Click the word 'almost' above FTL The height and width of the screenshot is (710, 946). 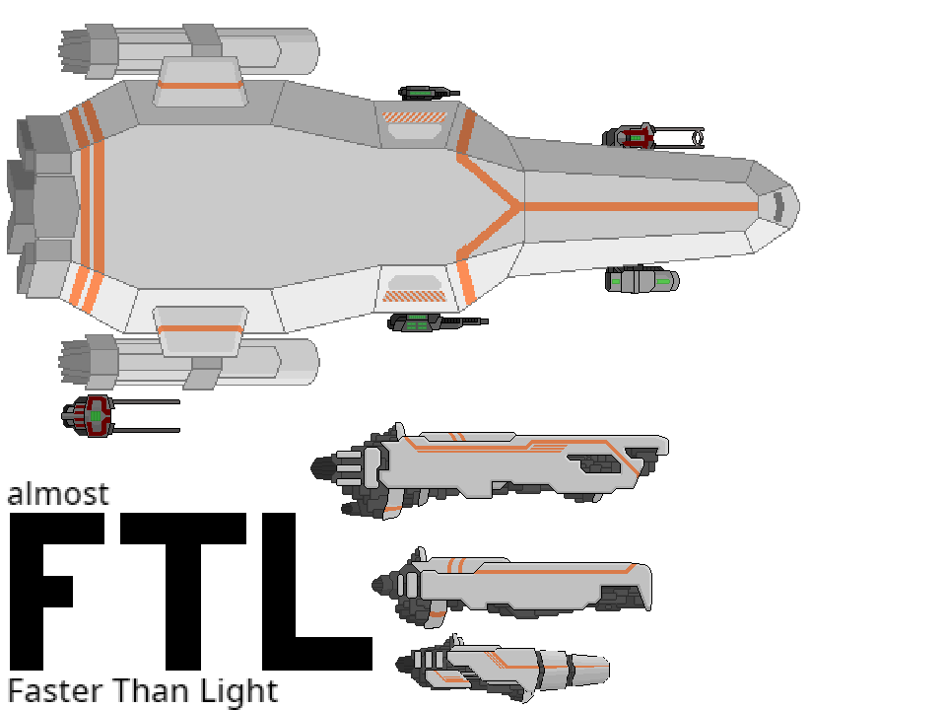tap(57, 493)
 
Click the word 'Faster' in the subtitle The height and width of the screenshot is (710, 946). tap(54, 691)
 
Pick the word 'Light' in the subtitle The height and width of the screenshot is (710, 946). tap(242, 691)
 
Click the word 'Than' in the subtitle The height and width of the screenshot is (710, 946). tap(154, 691)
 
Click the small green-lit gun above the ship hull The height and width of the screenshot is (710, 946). tap(427, 93)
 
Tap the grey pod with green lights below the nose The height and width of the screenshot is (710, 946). tap(641, 280)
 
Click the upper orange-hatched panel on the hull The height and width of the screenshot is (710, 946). tap(415, 117)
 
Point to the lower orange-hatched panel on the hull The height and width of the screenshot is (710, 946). tap(415, 295)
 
